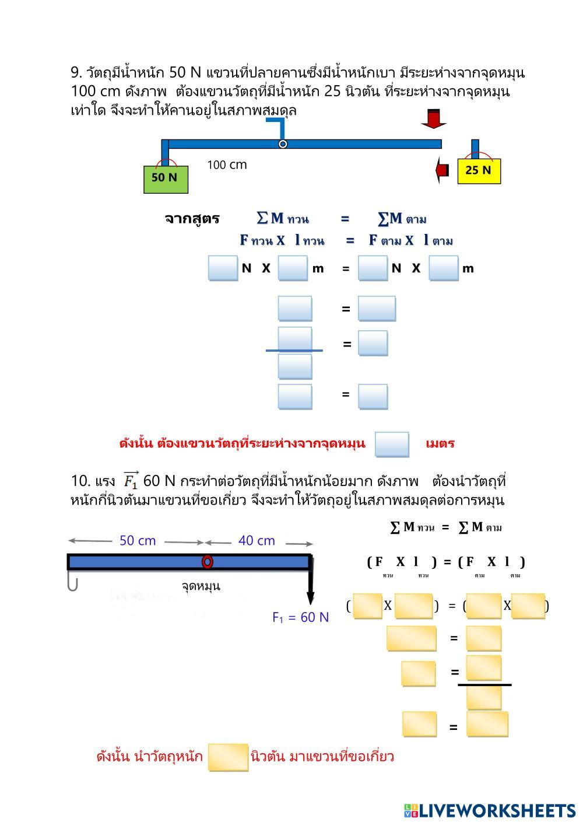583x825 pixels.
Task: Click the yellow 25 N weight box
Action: pos(479,171)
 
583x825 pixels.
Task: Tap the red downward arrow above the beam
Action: pos(433,118)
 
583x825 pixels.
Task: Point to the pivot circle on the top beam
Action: pos(283,144)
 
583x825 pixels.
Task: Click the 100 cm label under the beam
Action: pos(227,165)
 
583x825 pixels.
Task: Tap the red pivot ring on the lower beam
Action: pos(207,562)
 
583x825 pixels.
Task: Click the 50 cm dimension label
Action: pos(138,541)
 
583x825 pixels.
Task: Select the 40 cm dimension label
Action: pos(257,541)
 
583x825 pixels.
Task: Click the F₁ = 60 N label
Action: pos(300,617)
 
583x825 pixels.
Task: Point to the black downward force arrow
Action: pos(311,583)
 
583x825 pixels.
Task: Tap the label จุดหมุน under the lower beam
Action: pos(201,586)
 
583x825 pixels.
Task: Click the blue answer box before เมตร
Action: pos(392,444)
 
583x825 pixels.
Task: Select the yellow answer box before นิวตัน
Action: pos(228,757)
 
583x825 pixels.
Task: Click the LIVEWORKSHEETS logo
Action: pos(489,810)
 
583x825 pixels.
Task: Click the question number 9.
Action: pos(76,72)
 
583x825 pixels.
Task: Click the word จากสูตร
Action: pos(192,219)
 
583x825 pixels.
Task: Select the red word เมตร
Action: pos(440,443)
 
